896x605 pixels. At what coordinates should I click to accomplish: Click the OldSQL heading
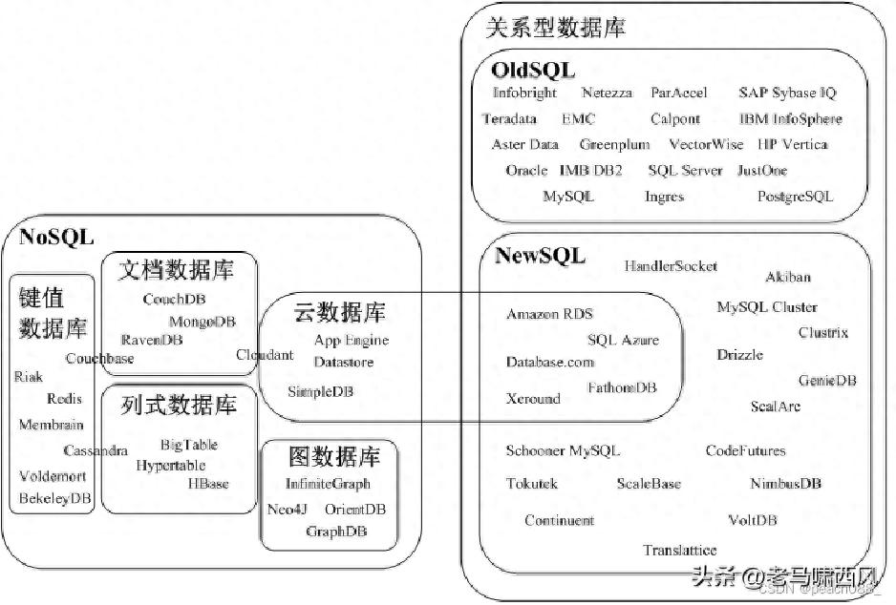tap(533, 71)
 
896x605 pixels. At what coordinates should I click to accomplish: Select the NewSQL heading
tap(540, 255)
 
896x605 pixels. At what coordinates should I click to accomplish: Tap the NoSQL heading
tap(56, 237)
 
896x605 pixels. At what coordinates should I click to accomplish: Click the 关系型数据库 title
tap(555, 28)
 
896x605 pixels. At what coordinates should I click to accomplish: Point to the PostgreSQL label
tap(795, 197)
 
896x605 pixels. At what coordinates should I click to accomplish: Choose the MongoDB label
tap(203, 322)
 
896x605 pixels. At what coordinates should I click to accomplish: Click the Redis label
tap(64, 398)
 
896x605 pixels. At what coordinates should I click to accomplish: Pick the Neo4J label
tap(287, 510)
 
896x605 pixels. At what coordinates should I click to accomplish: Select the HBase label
tap(208, 484)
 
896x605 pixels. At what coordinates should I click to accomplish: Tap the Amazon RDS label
tap(549, 314)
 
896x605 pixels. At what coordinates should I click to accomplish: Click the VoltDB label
tap(752, 520)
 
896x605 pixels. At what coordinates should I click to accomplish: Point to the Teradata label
tap(509, 118)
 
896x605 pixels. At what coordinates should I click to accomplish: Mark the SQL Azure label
tap(623, 340)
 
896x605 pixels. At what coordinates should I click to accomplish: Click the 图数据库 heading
tap(334, 456)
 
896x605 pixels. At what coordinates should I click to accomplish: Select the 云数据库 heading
tap(339, 312)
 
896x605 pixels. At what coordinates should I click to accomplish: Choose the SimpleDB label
tap(321, 391)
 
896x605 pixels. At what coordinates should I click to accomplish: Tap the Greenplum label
tap(614, 145)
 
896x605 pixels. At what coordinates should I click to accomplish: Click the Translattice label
tap(679, 551)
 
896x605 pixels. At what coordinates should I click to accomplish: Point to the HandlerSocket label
tap(671, 266)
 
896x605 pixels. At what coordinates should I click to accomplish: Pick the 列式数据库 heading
tap(179, 405)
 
